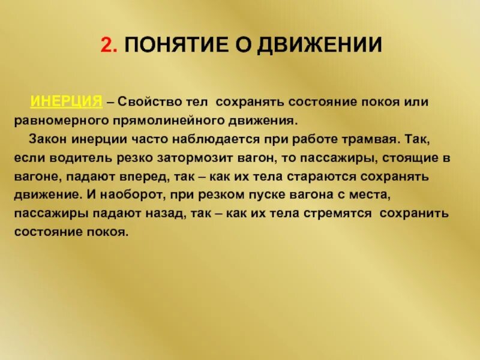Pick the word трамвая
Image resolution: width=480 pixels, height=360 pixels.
click(x=370, y=139)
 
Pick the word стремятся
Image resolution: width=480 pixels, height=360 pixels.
click(x=332, y=215)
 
